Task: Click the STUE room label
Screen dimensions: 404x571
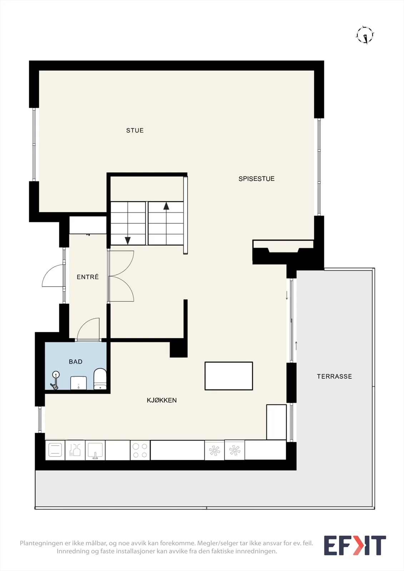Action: (x=135, y=131)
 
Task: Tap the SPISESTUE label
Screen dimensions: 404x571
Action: (x=256, y=179)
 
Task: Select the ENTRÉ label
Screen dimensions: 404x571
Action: (x=88, y=277)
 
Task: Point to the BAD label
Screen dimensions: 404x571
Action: (x=75, y=362)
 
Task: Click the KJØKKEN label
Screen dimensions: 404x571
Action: (x=161, y=400)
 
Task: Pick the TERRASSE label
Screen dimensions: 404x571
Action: (x=334, y=377)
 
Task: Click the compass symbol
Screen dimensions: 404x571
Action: (x=365, y=35)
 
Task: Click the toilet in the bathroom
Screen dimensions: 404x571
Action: (x=100, y=379)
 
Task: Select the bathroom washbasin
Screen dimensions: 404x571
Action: (x=78, y=383)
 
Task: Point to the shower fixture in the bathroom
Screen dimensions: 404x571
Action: (x=55, y=380)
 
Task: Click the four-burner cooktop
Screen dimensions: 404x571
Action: (x=140, y=450)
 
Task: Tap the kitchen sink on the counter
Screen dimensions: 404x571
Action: (x=95, y=450)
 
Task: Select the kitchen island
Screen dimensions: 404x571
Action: (x=229, y=376)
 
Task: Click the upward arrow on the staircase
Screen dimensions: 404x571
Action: (x=166, y=223)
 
